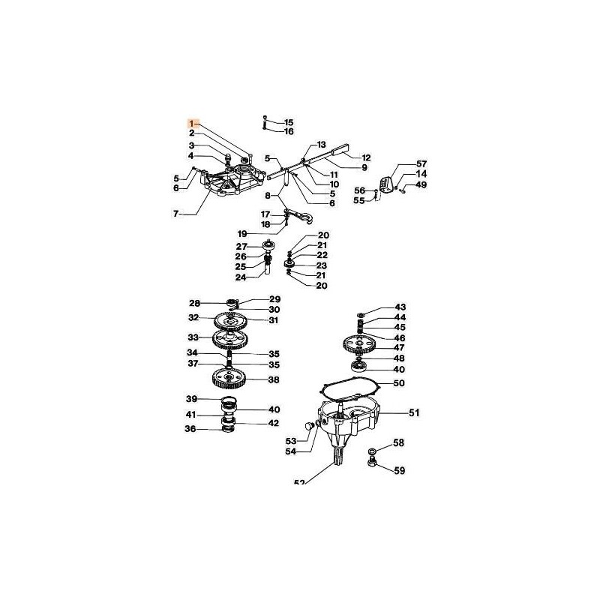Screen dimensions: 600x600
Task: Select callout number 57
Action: [421, 163]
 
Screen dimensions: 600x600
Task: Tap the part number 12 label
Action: [366, 157]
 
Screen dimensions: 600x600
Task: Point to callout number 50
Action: [399, 384]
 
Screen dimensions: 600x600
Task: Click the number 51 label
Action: [414, 412]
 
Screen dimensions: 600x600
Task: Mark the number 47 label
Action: [399, 347]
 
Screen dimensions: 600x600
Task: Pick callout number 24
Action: [241, 277]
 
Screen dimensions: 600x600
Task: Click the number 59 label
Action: [399, 471]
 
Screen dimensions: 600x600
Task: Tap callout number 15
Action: [289, 121]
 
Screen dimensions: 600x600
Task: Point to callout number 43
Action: [399, 307]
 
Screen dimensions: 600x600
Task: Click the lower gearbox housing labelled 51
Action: [352, 424]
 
